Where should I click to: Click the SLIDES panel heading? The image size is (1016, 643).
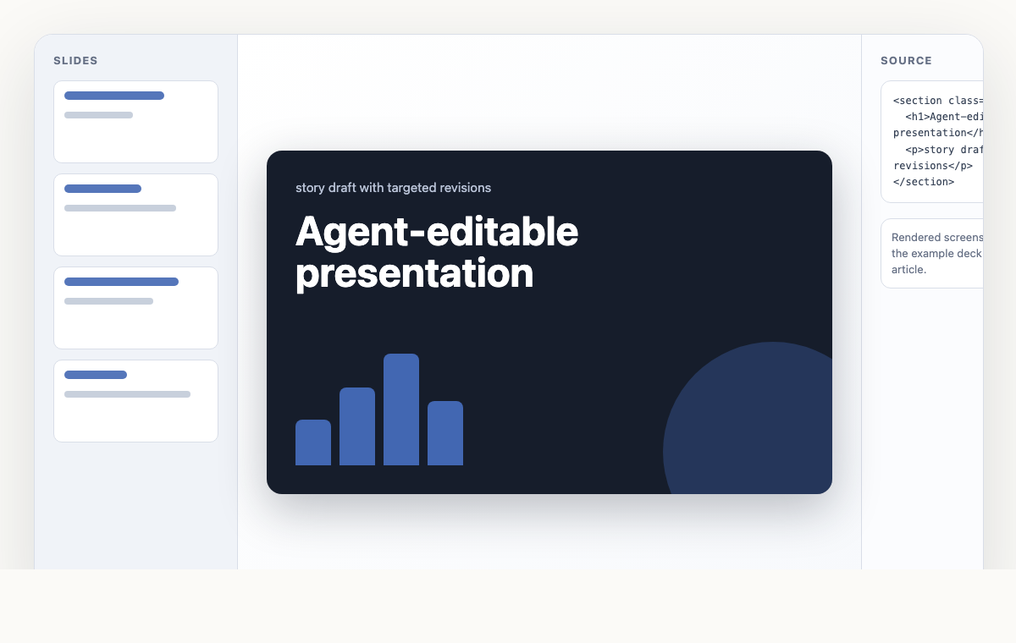click(75, 61)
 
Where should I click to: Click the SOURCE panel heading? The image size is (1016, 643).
click(906, 61)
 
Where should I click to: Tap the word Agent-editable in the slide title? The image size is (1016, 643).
click(436, 232)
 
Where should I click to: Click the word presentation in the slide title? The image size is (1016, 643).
click(414, 273)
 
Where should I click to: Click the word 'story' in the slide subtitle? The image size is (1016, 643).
click(310, 188)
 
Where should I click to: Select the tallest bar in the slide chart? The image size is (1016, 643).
click(401, 409)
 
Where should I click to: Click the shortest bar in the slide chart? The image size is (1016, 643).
click(313, 442)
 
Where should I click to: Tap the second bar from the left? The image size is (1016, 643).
click(357, 426)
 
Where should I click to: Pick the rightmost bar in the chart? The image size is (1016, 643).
click(445, 433)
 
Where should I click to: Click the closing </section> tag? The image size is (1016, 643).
click(924, 182)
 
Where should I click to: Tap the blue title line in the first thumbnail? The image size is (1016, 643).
click(114, 96)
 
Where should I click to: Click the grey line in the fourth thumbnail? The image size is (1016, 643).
click(127, 394)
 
